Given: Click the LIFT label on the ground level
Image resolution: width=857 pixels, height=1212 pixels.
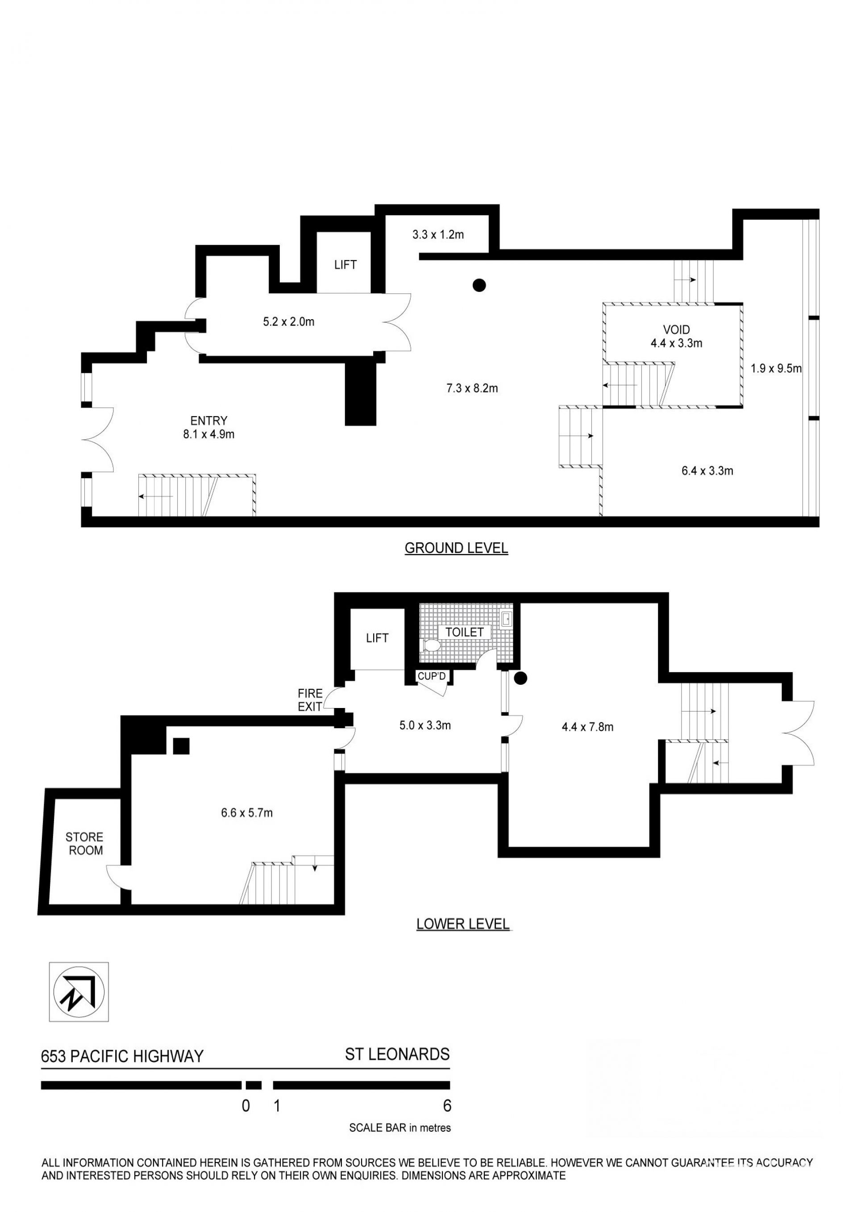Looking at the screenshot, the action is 345,265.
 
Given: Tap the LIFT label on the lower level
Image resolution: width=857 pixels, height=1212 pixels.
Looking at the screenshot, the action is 377,638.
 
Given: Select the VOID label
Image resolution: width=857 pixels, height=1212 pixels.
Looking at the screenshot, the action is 677,330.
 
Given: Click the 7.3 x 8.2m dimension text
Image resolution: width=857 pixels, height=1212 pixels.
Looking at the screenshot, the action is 472,388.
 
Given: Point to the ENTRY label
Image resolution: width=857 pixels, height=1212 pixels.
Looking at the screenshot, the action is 209,421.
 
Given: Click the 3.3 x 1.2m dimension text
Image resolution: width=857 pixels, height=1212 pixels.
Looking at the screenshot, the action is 438,234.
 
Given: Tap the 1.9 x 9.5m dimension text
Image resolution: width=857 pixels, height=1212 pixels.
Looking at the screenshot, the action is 776,368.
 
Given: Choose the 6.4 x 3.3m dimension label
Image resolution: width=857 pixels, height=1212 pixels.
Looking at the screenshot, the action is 707,471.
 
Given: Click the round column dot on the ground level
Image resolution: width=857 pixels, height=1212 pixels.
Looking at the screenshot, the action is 478,286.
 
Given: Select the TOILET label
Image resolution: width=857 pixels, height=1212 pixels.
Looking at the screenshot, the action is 464,632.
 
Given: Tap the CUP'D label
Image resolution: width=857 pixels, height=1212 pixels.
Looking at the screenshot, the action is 432,676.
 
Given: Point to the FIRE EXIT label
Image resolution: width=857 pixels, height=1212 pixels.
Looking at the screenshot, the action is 310,700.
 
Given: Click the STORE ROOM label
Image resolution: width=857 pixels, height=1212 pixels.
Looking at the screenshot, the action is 84,844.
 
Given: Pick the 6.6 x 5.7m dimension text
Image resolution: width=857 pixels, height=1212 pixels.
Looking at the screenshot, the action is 247,813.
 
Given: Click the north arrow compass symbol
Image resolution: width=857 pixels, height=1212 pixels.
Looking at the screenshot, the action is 79,992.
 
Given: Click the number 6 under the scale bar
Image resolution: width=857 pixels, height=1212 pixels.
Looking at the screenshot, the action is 448,1105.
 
